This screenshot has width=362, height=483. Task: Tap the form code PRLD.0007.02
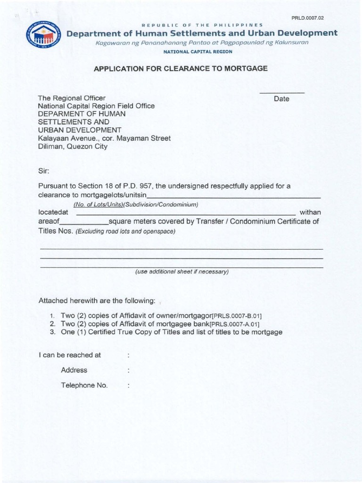coord(308,18)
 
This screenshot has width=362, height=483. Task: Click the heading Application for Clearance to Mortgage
coord(181,68)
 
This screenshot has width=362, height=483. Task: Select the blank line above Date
coord(282,92)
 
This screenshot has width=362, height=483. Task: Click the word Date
coord(282,99)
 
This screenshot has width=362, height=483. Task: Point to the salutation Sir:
coord(43,170)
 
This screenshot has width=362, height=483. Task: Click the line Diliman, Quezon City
coord(73,146)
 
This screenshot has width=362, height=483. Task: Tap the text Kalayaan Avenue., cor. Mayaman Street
coord(104,138)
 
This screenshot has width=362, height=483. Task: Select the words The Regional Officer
coord(72,98)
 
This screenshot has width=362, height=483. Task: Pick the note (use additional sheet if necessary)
coord(181,272)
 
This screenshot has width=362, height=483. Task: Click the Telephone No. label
coord(84,385)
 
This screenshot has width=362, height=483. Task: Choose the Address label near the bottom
coord(74,370)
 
